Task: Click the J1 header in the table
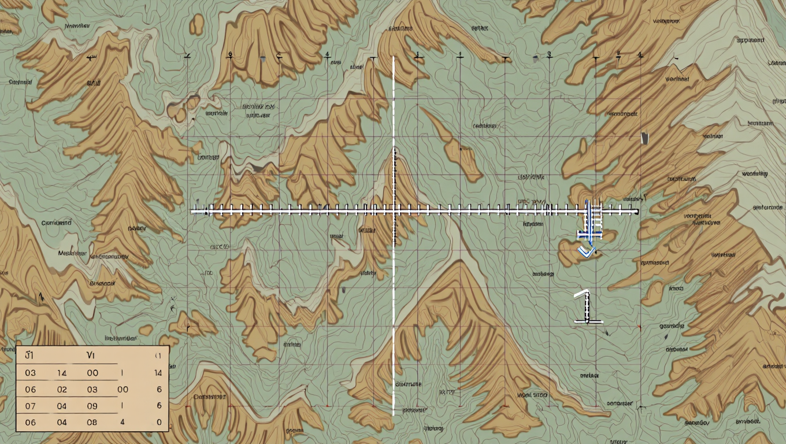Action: point(29,356)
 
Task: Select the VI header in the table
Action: point(91,356)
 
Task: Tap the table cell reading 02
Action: point(62,390)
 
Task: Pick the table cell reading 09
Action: point(92,406)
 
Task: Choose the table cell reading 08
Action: point(92,423)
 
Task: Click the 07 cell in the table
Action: point(30,406)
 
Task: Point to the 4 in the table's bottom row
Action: point(123,423)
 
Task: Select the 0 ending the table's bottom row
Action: point(159,423)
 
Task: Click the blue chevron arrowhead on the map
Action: point(586,251)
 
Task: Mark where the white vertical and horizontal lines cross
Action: point(394,212)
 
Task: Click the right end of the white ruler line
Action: point(637,212)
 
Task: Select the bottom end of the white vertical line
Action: point(394,414)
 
